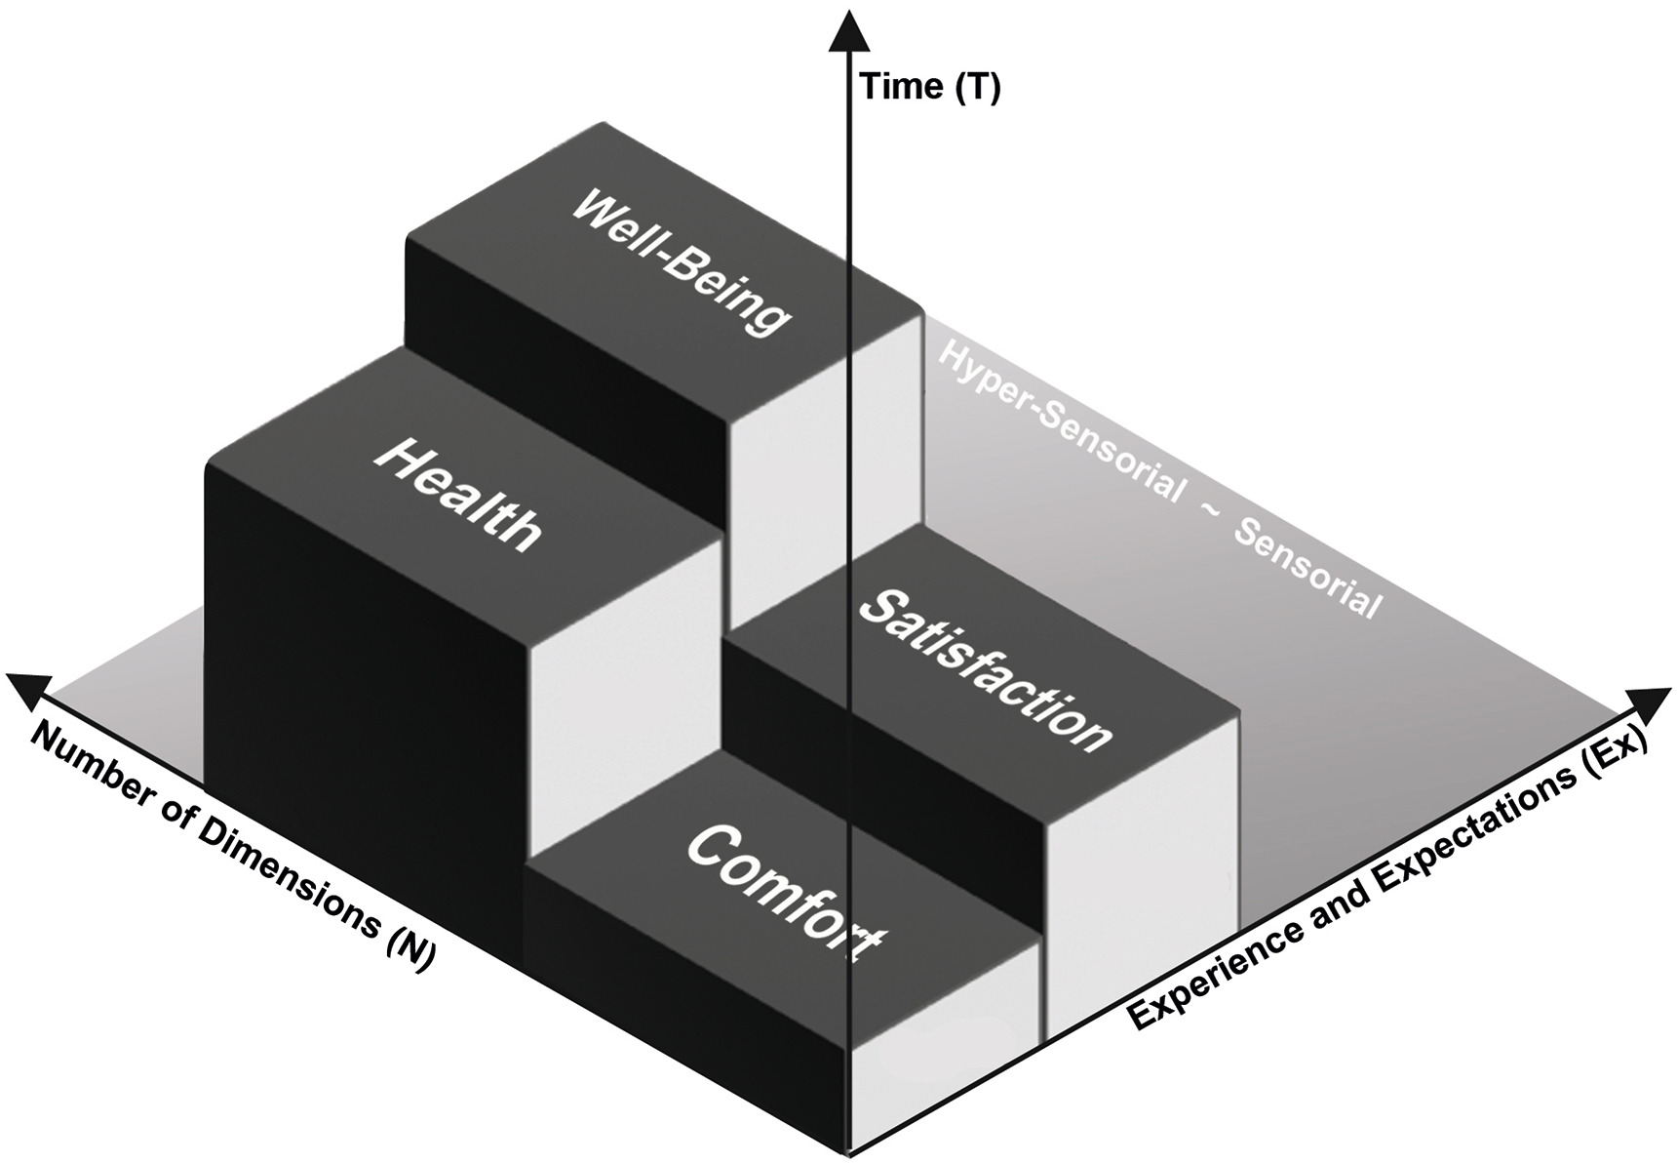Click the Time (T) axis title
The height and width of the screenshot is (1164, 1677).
929,88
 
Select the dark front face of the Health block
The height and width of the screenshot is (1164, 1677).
361,683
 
